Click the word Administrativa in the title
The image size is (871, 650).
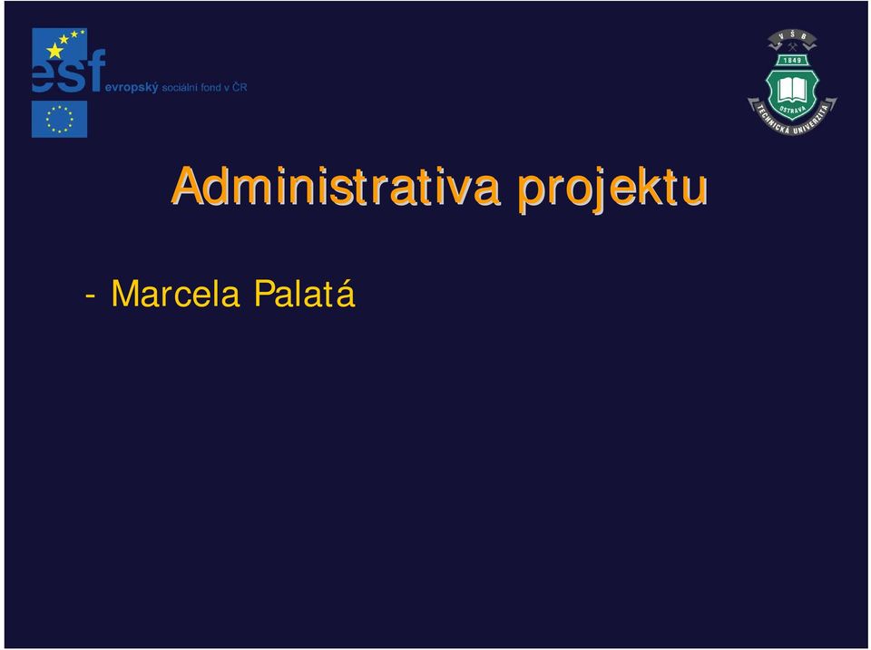(336, 186)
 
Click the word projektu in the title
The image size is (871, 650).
(612, 189)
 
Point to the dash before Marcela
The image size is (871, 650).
(90, 296)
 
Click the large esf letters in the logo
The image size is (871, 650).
(68, 72)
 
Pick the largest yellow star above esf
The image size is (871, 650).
(55, 51)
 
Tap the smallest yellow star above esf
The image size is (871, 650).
(83, 33)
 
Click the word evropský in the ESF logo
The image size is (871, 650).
(132, 88)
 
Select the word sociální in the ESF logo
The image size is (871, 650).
(181, 87)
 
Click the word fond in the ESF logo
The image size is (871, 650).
(211, 87)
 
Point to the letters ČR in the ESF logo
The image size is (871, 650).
(240, 87)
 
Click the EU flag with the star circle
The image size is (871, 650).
(60, 119)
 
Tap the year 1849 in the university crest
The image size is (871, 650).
(792, 60)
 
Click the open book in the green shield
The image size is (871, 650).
(792, 88)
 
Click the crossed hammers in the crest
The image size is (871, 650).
(793, 47)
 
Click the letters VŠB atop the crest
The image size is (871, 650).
(793, 36)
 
